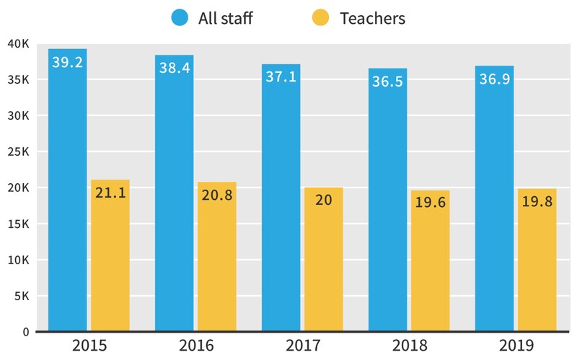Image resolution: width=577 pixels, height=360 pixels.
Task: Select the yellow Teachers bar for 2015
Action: [x=110, y=260]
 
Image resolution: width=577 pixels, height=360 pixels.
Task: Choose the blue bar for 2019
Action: [x=495, y=202]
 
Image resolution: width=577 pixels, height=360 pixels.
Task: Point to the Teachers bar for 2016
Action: [x=217, y=260]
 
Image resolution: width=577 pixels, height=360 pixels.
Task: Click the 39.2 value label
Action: [x=68, y=63]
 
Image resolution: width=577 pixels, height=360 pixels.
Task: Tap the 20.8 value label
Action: [x=217, y=195]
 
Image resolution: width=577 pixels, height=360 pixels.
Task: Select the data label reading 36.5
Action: [x=388, y=82]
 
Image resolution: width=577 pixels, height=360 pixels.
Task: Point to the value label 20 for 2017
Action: [x=324, y=200]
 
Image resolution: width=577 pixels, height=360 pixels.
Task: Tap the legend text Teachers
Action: [x=372, y=18]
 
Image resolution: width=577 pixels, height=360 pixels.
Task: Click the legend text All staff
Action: [x=225, y=18]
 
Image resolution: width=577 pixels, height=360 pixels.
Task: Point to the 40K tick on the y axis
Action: [x=17, y=44]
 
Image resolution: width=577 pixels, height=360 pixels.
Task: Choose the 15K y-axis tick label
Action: [x=17, y=224]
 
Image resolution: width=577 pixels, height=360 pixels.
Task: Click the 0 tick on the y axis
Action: [x=25, y=332]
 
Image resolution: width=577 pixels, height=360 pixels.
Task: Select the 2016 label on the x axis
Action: [x=196, y=346]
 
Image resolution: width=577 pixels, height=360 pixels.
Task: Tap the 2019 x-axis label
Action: [x=516, y=346]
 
